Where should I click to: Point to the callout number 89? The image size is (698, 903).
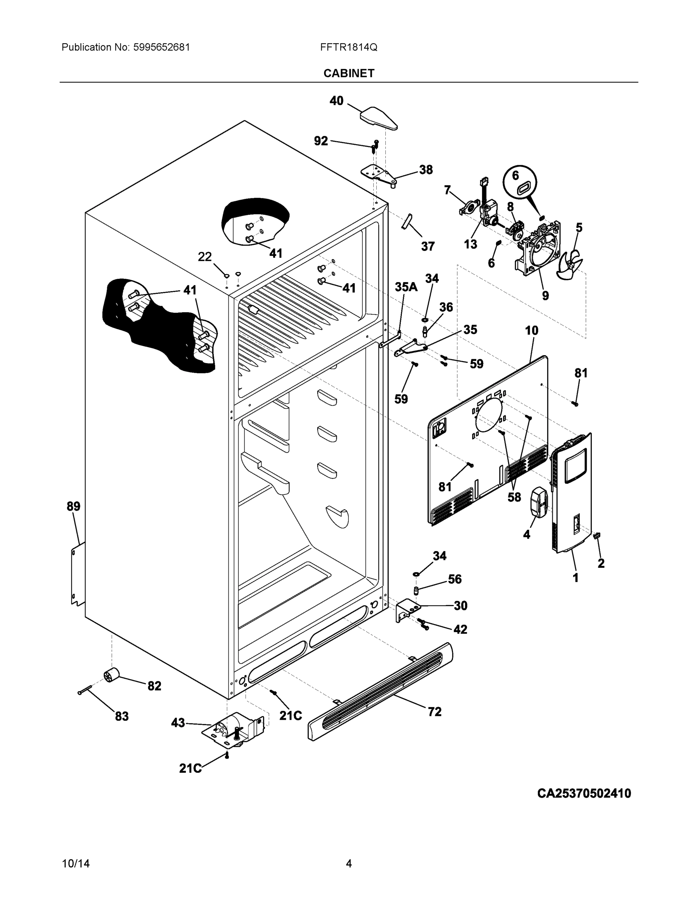(x=74, y=506)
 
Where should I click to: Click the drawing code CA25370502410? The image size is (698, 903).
(x=584, y=793)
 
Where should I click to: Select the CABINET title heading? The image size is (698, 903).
(x=348, y=73)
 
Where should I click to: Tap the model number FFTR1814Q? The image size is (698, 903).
(x=348, y=47)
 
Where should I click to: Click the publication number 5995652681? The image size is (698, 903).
(x=162, y=47)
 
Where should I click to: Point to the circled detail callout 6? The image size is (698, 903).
(x=519, y=183)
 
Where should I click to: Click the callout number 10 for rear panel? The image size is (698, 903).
(x=531, y=330)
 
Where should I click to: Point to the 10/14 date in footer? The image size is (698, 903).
(x=76, y=864)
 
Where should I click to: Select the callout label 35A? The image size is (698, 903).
(x=406, y=287)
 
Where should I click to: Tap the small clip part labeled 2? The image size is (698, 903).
(x=597, y=536)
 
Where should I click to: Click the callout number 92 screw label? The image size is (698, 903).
(x=321, y=141)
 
